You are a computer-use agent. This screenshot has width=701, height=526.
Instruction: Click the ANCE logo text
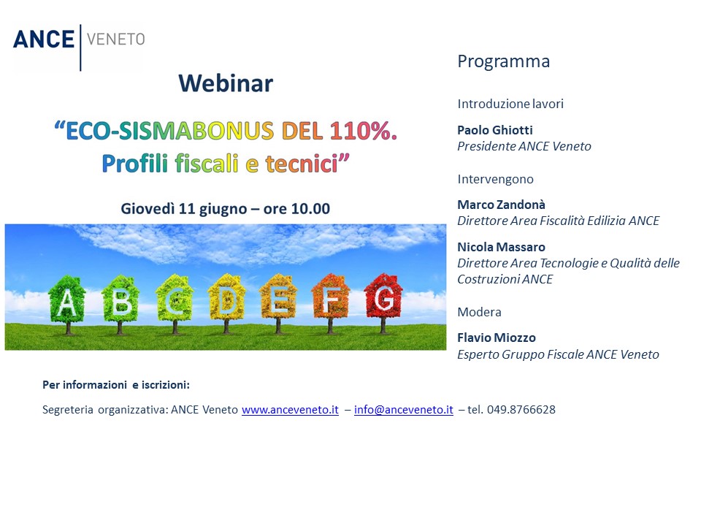pyautogui.click(x=44, y=39)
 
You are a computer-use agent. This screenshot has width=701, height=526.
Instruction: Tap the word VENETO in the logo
pyautogui.click(x=116, y=39)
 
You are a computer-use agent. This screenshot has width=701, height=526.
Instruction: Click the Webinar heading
pyautogui.click(x=226, y=83)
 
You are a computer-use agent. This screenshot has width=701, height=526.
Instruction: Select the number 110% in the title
pyautogui.click(x=363, y=131)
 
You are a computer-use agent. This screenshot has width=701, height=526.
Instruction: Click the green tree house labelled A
pyautogui.click(x=67, y=304)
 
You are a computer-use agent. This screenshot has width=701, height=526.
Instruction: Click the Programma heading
pyautogui.click(x=503, y=61)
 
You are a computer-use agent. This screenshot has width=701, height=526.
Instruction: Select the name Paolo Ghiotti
pyautogui.click(x=495, y=130)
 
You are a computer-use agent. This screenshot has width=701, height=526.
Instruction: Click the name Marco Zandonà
pyautogui.click(x=501, y=205)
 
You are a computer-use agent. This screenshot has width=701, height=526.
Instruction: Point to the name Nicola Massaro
pyautogui.click(x=501, y=247)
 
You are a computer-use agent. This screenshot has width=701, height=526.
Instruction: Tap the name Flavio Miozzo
pyautogui.click(x=497, y=338)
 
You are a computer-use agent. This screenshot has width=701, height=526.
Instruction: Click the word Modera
pyautogui.click(x=479, y=312)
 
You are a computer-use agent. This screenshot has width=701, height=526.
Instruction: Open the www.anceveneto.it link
pyautogui.click(x=290, y=410)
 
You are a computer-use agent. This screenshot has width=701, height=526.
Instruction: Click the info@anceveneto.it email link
pyautogui.click(x=404, y=410)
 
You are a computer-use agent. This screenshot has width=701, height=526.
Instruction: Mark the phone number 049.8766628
pyautogui.click(x=521, y=410)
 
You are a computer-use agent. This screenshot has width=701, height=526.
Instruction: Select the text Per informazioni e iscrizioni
pyautogui.click(x=116, y=385)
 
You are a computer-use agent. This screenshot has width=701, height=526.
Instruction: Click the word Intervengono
pyautogui.click(x=495, y=180)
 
